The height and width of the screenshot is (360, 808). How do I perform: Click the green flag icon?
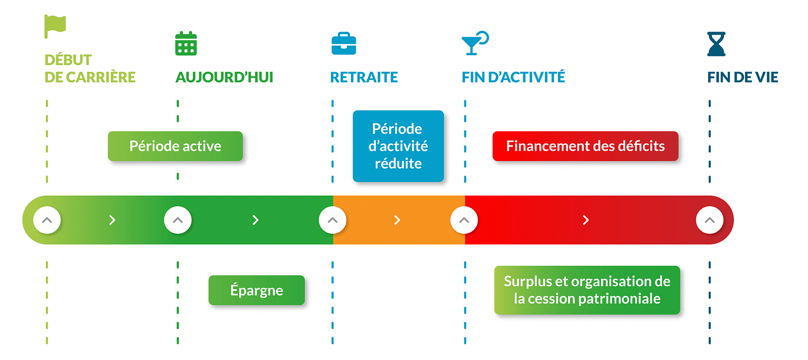55,26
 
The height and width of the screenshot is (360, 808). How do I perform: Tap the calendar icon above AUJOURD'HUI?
186,43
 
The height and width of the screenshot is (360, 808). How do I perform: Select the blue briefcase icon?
344,43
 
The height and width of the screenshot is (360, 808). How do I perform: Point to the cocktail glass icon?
475,43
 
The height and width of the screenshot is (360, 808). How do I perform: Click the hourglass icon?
716,44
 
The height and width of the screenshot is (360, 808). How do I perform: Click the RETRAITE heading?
364,77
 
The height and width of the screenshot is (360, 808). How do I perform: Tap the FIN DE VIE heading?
743,77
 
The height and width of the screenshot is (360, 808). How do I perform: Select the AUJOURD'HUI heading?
224,77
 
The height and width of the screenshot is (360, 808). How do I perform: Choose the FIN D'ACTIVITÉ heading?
513,77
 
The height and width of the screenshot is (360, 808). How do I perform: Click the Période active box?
175,146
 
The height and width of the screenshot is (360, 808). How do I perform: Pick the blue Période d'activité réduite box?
398,146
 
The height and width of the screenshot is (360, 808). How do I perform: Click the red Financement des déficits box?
585,146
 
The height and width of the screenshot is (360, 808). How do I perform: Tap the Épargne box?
257,290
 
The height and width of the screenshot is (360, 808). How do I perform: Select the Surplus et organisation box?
587,290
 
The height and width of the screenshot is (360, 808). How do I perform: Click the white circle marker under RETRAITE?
332,220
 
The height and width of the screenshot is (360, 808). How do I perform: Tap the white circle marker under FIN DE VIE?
710,220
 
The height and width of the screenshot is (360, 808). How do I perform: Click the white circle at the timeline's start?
47,220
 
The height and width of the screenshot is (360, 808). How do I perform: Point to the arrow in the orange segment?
397,220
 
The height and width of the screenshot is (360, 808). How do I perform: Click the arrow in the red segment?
586,220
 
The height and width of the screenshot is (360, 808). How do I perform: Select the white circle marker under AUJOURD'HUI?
178,220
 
